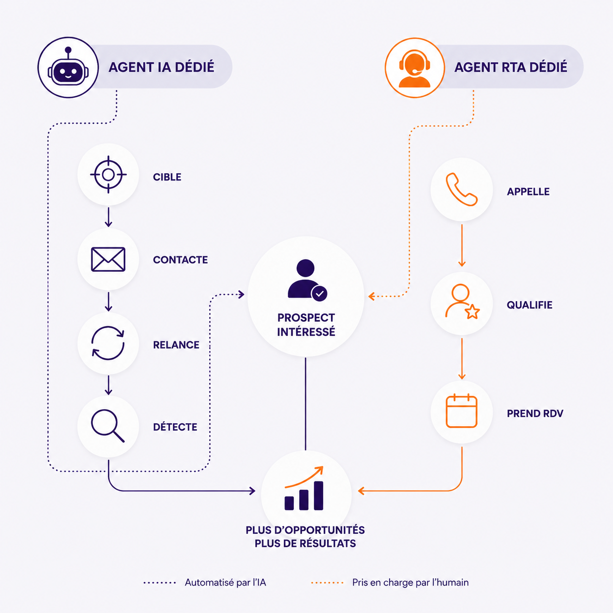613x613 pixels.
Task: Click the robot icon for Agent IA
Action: tap(67, 67)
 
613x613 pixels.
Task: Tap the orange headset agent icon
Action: tap(415, 69)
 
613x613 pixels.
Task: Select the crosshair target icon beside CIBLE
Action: tap(108, 175)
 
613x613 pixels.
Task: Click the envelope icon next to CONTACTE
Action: tap(108, 259)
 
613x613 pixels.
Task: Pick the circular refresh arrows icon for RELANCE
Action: tap(108, 343)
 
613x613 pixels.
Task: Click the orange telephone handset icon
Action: tap(461, 190)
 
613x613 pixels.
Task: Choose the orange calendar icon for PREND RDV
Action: tap(461, 411)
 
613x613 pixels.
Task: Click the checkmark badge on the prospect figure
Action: tap(319, 293)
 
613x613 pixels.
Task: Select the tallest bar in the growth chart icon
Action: tap(318, 496)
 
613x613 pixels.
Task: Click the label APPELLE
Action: tap(528, 192)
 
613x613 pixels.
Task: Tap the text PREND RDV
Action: tap(535, 414)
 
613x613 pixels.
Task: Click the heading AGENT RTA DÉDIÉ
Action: tap(510, 67)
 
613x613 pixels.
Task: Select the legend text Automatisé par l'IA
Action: tap(225, 583)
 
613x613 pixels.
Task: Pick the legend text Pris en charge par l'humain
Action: tap(410, 583)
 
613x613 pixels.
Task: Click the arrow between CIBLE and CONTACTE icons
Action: tap(109, 217)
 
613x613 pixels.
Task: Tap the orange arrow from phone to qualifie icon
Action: tap(462, 245)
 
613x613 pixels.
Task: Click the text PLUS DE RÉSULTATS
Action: tap(306, 544)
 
